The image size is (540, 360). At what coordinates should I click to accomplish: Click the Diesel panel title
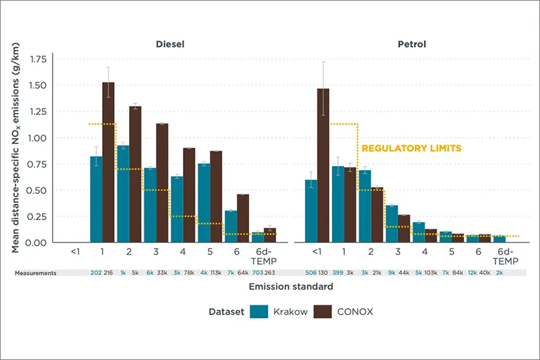click(x=169, y=45)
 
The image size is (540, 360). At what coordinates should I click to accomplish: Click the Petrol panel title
click(x=411, y=45)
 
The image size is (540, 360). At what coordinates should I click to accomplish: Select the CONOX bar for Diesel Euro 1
click(x=108, y=162)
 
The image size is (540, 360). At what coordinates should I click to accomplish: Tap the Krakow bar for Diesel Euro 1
click(x=96, y=199)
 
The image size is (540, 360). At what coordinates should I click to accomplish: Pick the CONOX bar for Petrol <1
click(x=323, y=165)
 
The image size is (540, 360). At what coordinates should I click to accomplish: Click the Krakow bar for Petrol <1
click(x=310, y=211)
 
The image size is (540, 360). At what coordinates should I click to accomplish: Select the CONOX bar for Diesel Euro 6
click(x=242, y=218)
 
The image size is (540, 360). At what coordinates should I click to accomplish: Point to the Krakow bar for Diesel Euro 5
click(x=203, y=203)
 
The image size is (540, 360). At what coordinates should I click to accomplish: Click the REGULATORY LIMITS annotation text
click(x=411, y=148)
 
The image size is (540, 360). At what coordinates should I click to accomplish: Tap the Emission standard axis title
click(x=290, y=286)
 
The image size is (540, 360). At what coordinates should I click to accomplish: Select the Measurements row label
click(x=37, y=272)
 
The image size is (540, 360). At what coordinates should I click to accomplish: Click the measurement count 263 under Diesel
click(x=270, y=272)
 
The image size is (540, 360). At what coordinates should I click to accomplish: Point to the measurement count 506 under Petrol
click(x=310, y=272)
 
